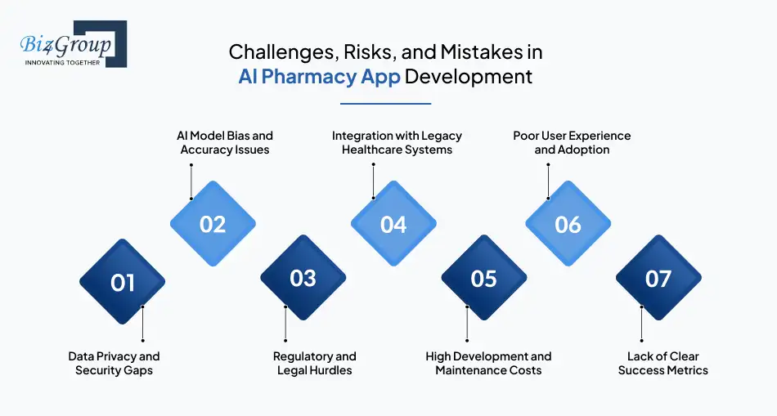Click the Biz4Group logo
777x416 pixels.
pos(74,44)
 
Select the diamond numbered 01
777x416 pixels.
pos(123,282)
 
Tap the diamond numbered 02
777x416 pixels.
pos(213,224)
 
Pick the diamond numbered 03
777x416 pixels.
pos(303,278)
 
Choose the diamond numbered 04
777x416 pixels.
pos(394,224)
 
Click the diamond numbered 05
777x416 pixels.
pos(484,278)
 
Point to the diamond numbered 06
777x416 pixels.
pos(568,224)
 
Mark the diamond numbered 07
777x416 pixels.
pos(658,278)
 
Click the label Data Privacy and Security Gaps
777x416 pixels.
pos(114,364)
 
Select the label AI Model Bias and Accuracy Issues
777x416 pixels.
pos(225,143)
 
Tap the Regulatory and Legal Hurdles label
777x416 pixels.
pos(315,364)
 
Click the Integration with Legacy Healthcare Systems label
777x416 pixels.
pos(397,143)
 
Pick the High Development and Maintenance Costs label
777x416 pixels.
pos(488,364)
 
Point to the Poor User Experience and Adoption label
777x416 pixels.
pos(572,143)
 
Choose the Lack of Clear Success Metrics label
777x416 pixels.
pos(663,364)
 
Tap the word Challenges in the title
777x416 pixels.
pos(282,52)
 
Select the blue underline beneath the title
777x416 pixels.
pos(385,104)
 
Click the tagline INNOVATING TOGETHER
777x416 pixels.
pos(62,63)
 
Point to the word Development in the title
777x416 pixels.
pos(469,78)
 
